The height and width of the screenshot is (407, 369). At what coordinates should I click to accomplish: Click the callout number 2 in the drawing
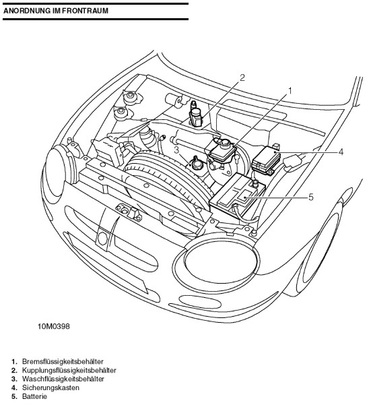point(242,77)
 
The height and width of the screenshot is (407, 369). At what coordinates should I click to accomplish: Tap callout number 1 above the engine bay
point(290,91)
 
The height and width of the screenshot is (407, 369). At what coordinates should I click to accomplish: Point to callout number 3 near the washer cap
point(176,150)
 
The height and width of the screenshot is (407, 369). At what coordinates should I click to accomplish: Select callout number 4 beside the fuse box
point(341,152)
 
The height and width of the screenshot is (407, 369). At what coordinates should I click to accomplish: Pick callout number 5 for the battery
point(311,197)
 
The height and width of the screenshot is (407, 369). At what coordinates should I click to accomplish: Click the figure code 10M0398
point(54,326)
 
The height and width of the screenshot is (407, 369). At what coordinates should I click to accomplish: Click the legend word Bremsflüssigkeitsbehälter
point(63,361)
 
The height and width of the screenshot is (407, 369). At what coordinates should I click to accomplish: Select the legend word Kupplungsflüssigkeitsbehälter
point(69,370)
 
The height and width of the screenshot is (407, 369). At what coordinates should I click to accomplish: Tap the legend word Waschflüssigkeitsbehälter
point(63,379)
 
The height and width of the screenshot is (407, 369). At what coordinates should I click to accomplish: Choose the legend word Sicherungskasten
point(51,387)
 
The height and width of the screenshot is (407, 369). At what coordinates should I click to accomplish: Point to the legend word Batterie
point(35,397)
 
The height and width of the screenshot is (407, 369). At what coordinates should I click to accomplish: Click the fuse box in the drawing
point(266,158)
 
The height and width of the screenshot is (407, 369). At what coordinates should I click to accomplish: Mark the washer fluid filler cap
point(197,163)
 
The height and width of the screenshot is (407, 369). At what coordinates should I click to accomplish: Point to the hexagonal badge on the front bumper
point(103,239)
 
